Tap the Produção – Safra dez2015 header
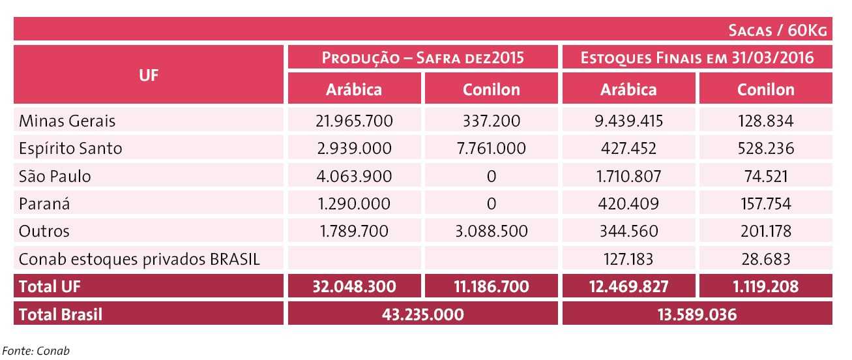[x=423, y=57]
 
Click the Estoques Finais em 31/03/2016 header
[x=697, y=57]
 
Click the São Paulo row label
[x=55, y=176]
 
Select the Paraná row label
[x=44, y=204]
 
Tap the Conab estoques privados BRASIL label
[x=140, y=259]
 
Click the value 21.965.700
[x=355, y=121]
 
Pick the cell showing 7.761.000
[x=491, y=149]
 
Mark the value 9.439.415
[x=628, y=121]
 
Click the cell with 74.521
[x=765, y=176]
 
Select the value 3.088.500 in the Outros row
[x=491, y=232]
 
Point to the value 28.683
[x=765, y=259]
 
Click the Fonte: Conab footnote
[x=36, y=351]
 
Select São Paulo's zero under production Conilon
[x=491, y=176]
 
